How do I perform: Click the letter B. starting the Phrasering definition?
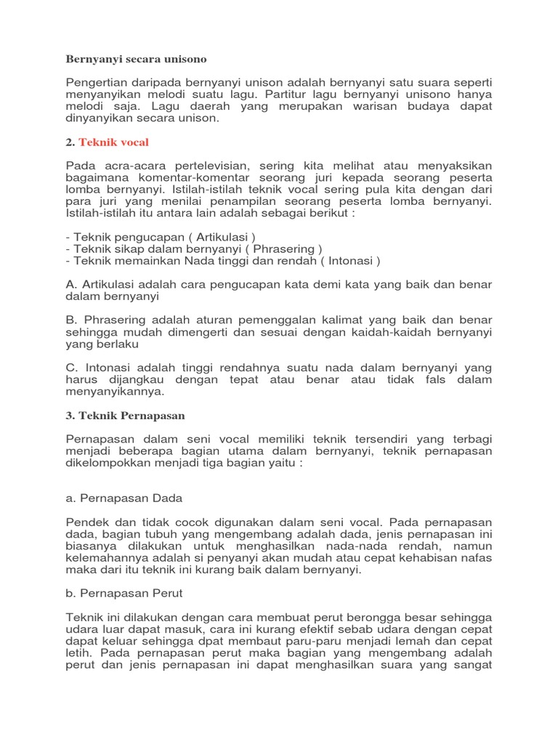[71, 320]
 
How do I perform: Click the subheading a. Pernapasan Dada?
[124, 498]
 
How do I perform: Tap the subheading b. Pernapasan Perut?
[124, 593]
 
